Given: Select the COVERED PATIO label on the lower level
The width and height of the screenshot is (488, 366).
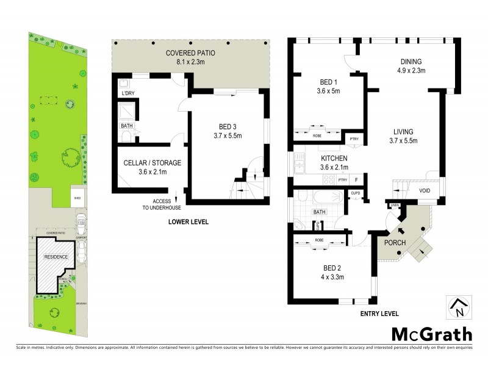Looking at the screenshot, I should [190, 57].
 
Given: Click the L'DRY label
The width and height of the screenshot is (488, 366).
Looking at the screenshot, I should [127, 94].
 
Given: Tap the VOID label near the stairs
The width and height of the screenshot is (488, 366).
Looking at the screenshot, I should [426, 191].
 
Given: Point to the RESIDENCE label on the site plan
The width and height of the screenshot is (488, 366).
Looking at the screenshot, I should [55, 257].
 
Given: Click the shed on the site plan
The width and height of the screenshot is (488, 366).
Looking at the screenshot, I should [60, 198].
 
